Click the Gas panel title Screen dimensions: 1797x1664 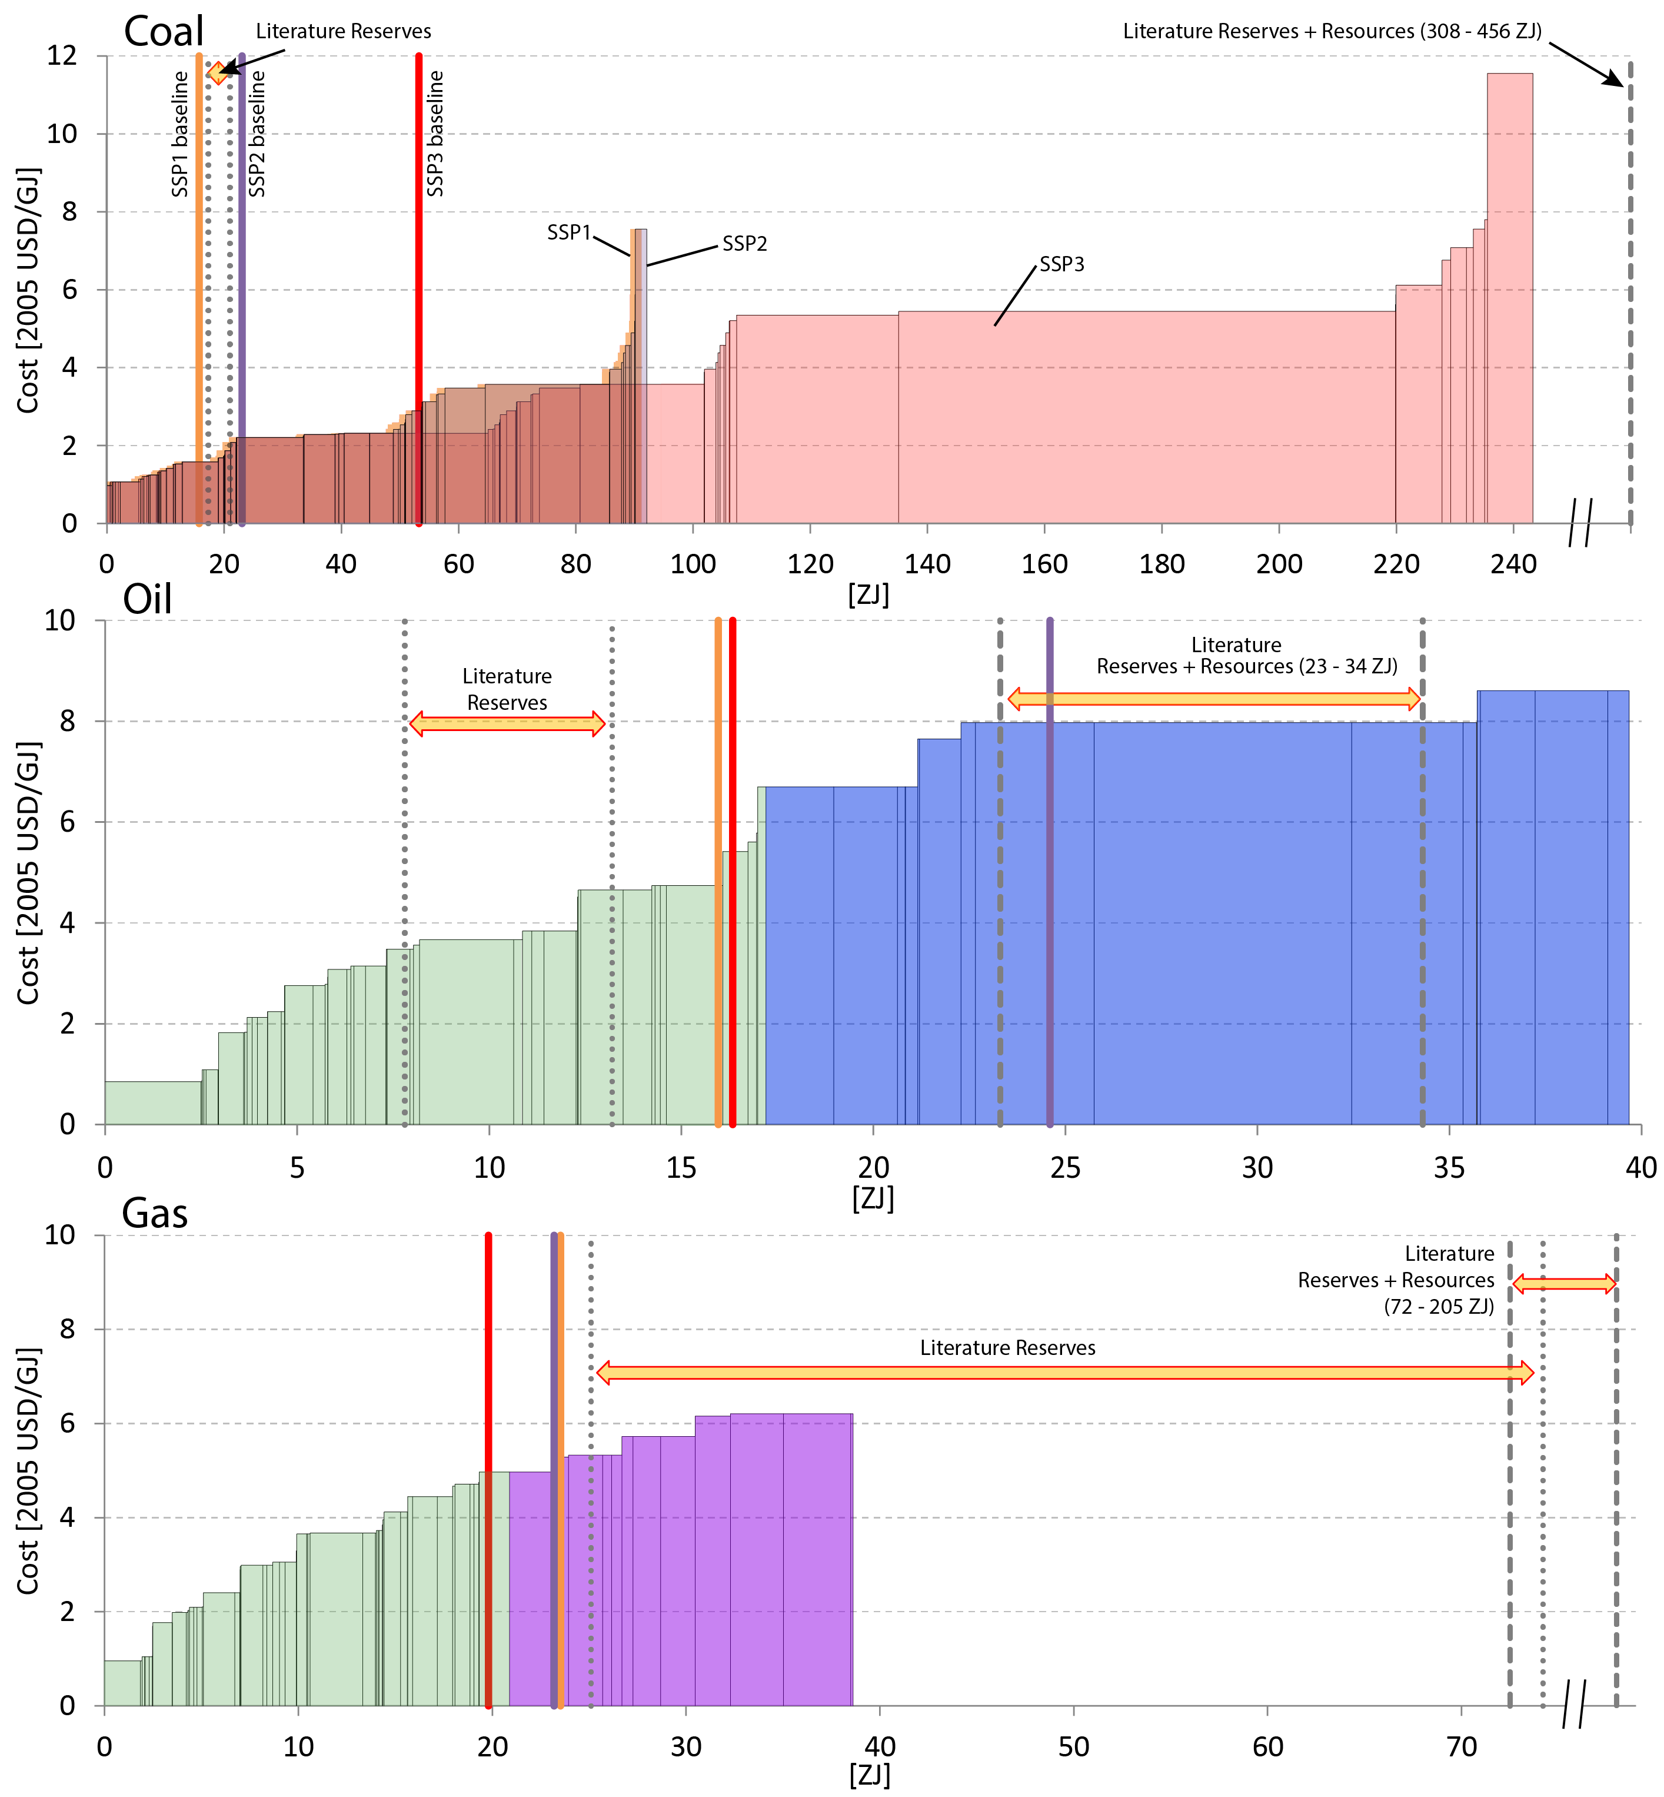click(155, 1213)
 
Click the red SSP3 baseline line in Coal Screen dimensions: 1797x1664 click(419, 288)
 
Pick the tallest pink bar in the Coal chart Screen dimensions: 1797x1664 click(1509, 297)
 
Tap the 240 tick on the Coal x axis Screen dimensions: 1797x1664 click(1513, 564)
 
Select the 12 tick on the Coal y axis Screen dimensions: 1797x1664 click(62, 56)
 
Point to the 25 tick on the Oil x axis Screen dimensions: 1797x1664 click(1065, 1167)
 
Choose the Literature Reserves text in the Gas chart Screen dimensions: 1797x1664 click(1007, 1347)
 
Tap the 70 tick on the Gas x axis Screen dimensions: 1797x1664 click(1462, 1746)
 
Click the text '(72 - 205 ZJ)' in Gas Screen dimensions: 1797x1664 click(1439, 1306)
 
